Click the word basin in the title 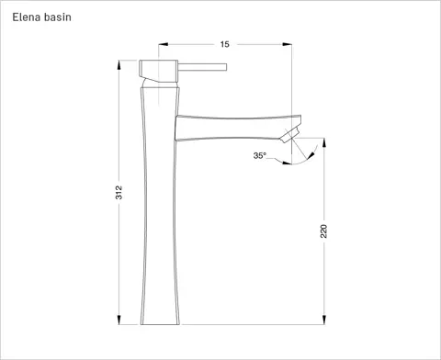point(60,17)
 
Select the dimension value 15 point(223,43)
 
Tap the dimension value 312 point(119,193)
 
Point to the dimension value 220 point(323,231)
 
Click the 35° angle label point(260,156)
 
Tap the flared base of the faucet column point(161,317)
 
